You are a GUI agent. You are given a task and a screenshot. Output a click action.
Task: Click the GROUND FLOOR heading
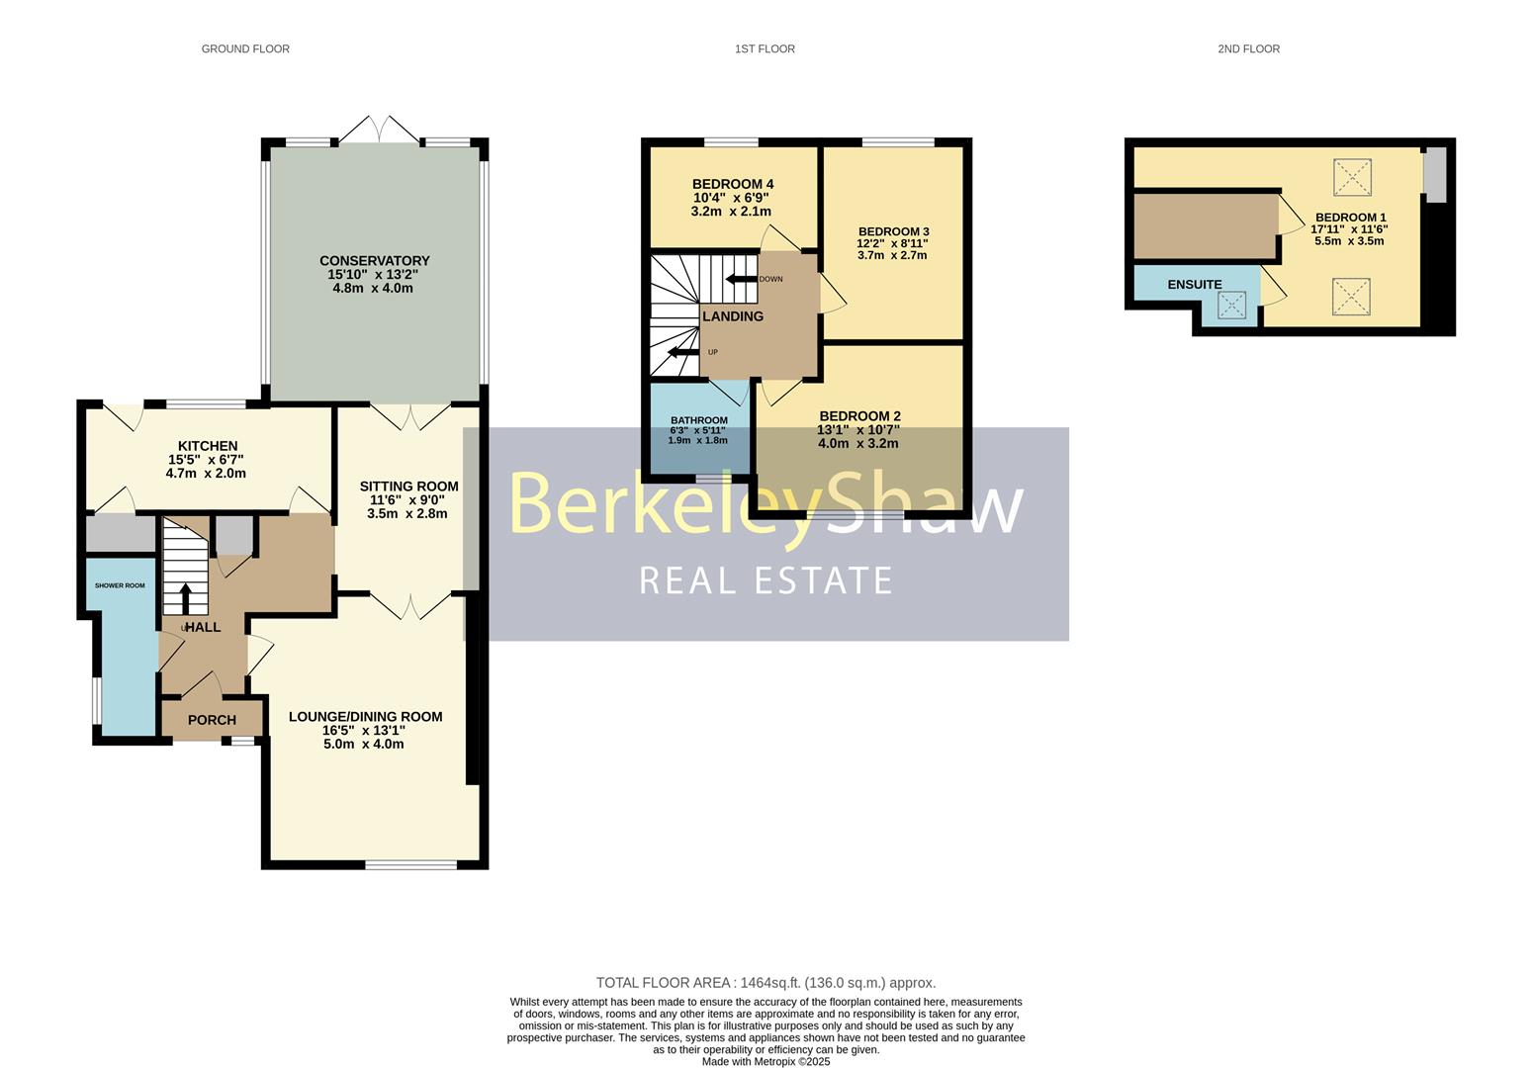pos(245,49)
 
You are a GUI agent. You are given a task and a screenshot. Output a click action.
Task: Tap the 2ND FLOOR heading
pos(1248,49)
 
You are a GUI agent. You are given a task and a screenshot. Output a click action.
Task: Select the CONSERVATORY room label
pos(374,260)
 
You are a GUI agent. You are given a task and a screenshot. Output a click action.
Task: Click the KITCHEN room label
pos(208,446)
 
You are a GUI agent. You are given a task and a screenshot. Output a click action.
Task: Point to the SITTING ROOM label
pos(409,487)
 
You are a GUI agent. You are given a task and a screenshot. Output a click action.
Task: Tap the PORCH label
pos(212,720)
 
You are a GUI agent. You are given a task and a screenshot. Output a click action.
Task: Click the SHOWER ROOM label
pos(120,586)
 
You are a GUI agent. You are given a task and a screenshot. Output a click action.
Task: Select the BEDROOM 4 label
pos(733,184)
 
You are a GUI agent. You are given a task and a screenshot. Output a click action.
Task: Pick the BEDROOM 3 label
pos(893,231)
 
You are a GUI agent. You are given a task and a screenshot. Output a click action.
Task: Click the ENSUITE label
pos(1194,285)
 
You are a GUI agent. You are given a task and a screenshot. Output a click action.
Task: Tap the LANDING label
pos(733,316)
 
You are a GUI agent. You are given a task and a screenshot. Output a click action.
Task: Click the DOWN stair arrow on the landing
pos(741,279)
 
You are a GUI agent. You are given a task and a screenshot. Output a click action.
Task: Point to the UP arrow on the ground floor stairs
pos(185,599)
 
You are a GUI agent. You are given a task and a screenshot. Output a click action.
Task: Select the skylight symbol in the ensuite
pos(1231,305)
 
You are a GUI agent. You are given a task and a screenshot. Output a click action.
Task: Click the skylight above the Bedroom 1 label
pos(1352,178)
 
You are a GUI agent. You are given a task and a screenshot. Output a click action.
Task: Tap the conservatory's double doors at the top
pos(380,130)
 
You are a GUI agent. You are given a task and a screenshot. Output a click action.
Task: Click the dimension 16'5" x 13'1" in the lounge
pos(365,730)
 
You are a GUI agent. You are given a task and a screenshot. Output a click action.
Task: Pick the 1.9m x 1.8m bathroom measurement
pos(697,441)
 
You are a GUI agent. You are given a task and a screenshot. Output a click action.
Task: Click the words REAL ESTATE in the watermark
pos(766,580)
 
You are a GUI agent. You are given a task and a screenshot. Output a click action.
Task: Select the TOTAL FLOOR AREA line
pos(766,983)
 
